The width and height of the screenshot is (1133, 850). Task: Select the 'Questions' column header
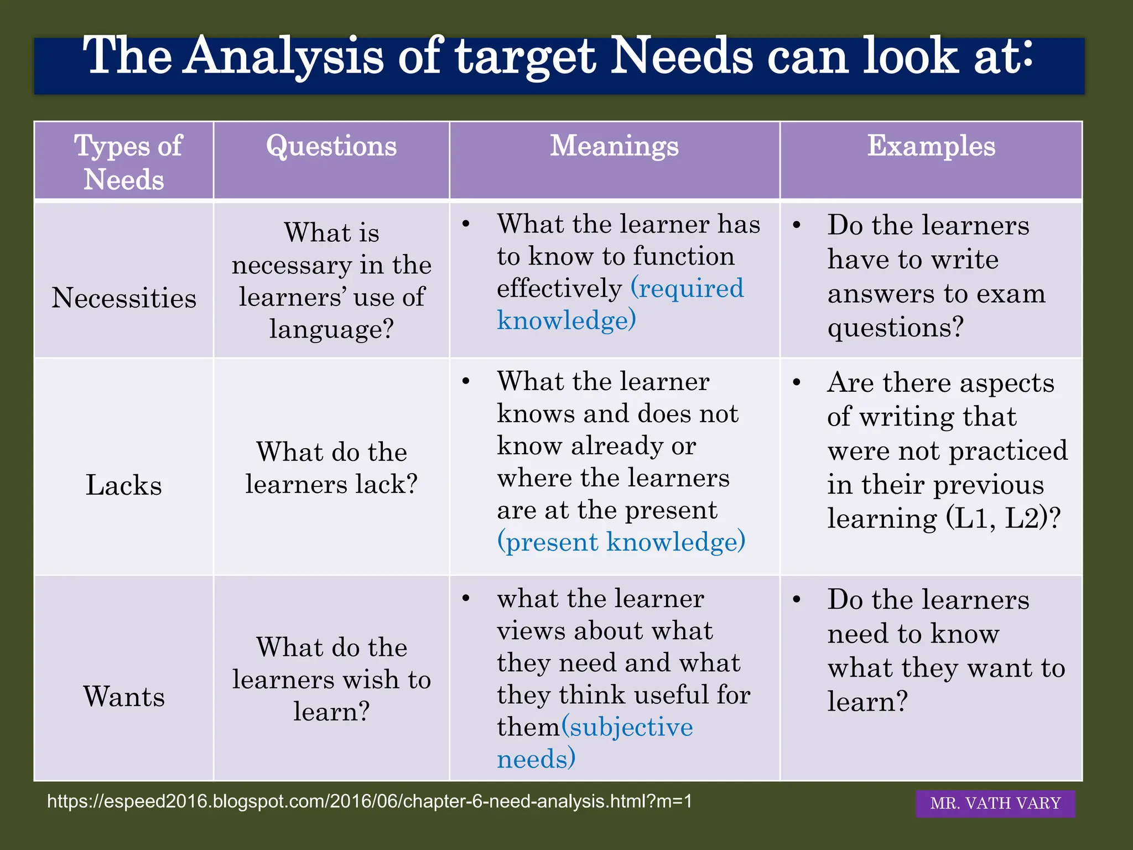[331, 147]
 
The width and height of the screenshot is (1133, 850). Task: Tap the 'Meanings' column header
[614, 147]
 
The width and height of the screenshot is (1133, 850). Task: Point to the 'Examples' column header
[931, 147]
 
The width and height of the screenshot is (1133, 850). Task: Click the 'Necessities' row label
[124, 298]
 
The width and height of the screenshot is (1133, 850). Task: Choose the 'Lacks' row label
[124, 485]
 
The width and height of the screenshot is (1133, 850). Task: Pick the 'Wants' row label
[124, 696]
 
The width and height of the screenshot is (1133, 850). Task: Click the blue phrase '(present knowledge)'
[621, 542]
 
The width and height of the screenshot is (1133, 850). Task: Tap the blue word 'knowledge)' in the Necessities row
[566, 320]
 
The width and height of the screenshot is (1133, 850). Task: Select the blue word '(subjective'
[627, 727]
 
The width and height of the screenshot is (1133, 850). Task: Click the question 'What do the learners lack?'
[331, 468]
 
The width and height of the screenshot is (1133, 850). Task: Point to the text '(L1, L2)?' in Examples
[1002, 519]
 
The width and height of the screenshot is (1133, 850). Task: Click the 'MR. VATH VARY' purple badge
[995, 803]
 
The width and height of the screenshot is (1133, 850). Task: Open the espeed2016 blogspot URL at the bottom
[370, 801]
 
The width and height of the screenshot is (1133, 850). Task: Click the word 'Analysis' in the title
[284, 56]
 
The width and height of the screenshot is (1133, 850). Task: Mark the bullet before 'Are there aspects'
[797, 383]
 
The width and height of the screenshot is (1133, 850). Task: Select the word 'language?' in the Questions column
[331, 329]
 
